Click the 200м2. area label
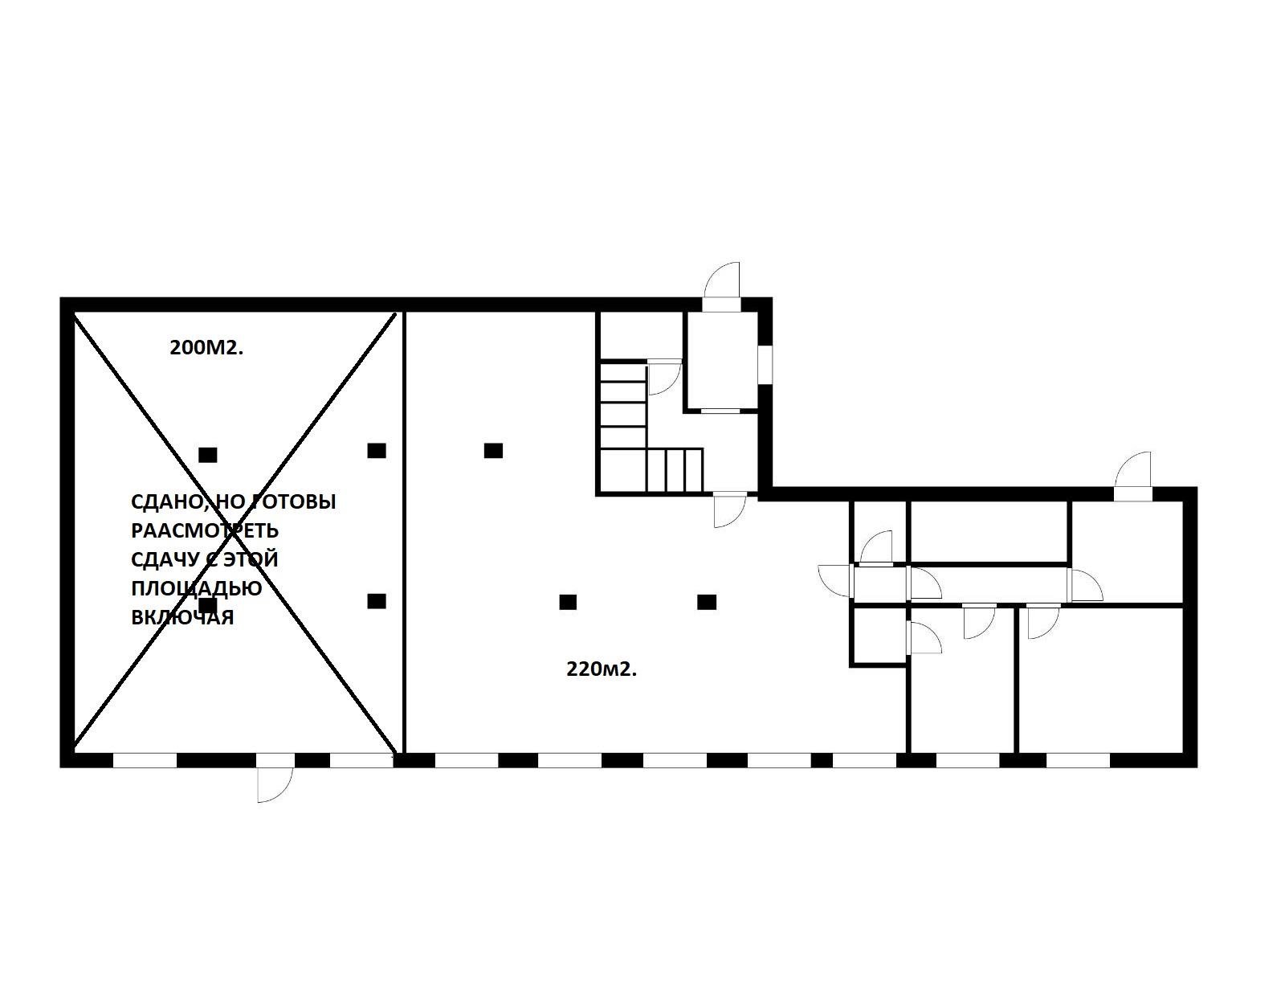click(x=206, y=348)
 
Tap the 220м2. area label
click(x=602, y=669)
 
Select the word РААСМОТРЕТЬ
click(x=204, y=530)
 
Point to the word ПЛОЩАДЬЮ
click(x=196, y=588)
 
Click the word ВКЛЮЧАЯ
click(x=182, y=617)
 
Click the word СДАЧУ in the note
click(x=165, y=559)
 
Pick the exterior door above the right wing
click(x=1132, y=477)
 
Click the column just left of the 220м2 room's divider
click(x=377, y=450)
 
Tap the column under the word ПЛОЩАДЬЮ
click(x=208, y=605)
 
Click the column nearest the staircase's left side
click(x=493, y=450)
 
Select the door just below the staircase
click(x=729, y=510)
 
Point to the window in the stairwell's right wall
click(x=765, y=366)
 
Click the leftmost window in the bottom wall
click(x=145, y=760)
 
